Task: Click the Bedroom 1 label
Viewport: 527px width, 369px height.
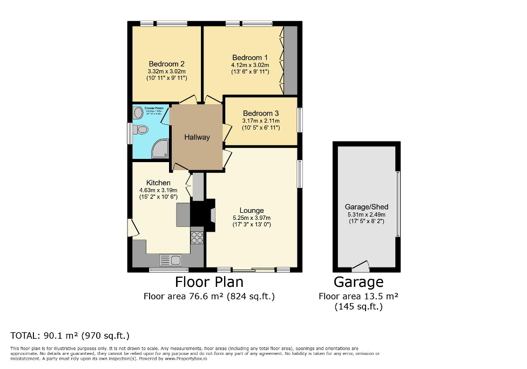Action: [250, 58]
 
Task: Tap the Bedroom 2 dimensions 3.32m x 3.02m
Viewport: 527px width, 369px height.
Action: [167, 71]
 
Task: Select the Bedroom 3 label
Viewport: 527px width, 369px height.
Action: [261, 113]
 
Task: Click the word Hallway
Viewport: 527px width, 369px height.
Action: [197, 137]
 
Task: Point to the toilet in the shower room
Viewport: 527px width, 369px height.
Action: [141, 130]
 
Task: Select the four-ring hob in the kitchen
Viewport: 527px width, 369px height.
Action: [197, 237]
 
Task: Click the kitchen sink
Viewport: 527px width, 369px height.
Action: [171, 260]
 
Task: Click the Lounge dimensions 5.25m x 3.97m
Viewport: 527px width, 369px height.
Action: [252, 218]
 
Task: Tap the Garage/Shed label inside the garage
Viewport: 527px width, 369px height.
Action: [367, 207]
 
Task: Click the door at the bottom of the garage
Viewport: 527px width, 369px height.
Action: [360, 266]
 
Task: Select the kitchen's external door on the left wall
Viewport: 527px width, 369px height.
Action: [131, 227]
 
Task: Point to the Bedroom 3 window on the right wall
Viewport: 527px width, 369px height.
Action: [300, 119]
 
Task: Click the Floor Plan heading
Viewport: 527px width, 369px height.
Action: [209, 282]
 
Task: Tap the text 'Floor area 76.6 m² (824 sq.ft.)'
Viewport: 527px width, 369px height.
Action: [209, 296]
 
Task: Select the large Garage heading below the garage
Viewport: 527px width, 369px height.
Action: [359, 282]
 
